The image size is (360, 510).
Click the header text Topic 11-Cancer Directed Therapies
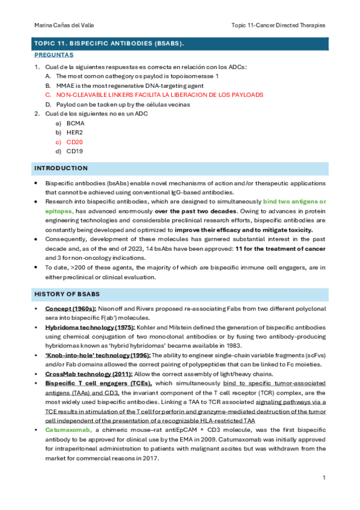point(278,25)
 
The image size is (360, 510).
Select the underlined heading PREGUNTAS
point(54,55)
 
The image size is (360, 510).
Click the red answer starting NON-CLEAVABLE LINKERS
point(159,94)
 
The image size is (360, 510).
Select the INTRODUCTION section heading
point(61,168)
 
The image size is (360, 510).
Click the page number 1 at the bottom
point(323,478)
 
